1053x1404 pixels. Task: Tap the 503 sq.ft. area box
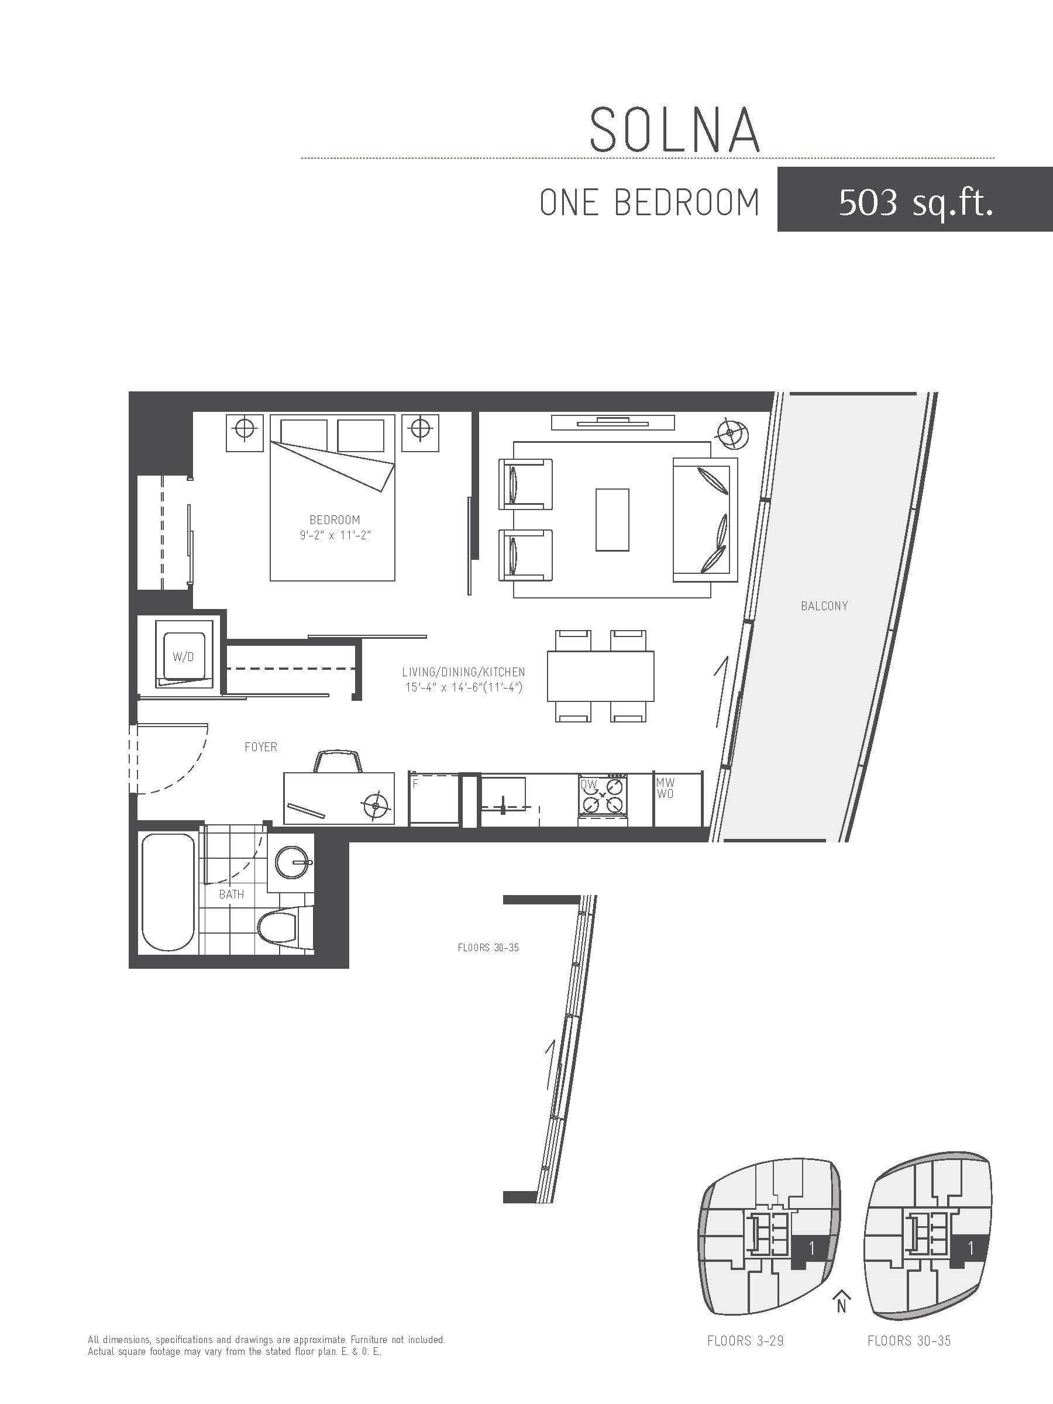(914, 199)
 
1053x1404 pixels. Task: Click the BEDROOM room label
(335, 520)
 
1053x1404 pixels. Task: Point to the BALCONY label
(824, 606)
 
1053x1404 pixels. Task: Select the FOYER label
(261, 747)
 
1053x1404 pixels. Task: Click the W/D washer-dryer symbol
(184, 656)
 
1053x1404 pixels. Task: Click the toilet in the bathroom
(278, 928)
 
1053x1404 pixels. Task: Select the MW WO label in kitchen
(665, 789)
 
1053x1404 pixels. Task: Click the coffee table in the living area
(612, 520)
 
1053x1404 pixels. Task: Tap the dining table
(600, 676)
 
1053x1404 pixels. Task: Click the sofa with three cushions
(705, 520)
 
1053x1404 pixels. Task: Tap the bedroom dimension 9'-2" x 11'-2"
(335, 536)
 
